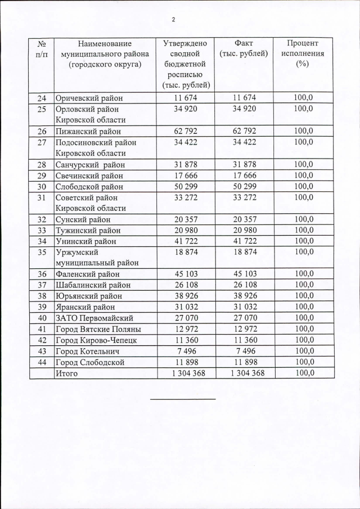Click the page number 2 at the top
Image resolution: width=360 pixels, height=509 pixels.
click(x=173, y=20)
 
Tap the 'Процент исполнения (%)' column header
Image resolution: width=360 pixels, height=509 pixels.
click(x=303, y=54)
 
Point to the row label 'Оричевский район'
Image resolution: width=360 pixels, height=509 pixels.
click(x=88, y=98)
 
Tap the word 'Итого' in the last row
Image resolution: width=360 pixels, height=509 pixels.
click(x=66, y=373)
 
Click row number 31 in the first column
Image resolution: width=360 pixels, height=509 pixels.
click(x=42, y=197)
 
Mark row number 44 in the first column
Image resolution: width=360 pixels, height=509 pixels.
click(x=42, y=362)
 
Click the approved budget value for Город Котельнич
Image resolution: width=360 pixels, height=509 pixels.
click(x=186, y=352)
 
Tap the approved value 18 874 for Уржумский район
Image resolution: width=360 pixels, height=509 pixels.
click(x=186, y=253)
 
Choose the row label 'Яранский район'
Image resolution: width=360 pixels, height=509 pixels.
click(x=85, y=307)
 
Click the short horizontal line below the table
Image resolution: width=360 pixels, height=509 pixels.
click(x=183, y=399)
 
